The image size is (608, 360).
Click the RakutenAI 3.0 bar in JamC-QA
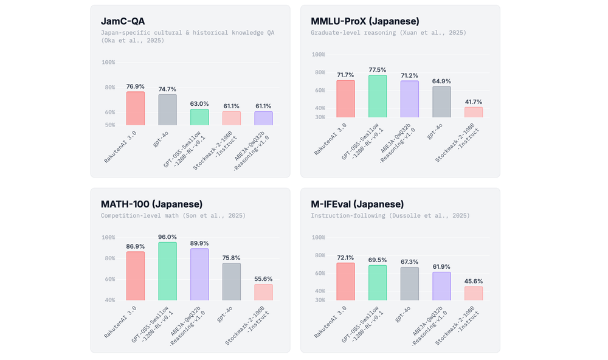[136, 108]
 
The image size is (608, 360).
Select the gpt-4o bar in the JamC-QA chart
[167, 110]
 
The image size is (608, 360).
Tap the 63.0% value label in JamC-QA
[199, 104]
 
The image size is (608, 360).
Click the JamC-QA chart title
[123, 21]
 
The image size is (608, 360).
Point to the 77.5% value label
[378, 70]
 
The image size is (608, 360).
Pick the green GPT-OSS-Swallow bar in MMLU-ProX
[378, 96]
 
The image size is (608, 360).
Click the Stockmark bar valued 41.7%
[474, 112]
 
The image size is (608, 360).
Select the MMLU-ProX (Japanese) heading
[365, 21]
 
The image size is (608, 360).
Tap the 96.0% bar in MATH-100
[167, 271]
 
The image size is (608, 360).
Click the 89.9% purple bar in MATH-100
[199, 274]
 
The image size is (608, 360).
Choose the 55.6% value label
[263, 279]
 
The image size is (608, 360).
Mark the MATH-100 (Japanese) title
[151, 204]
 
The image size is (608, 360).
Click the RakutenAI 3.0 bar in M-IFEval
[345, 282]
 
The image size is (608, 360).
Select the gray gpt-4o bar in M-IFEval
[409, 283]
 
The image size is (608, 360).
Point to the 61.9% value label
[441, 267]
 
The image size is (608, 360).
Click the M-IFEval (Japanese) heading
[357, 204]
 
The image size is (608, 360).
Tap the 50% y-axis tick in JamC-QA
[109, 125]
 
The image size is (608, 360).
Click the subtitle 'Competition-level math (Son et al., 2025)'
[173, 216]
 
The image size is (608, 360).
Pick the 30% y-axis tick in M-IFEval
[319, 300]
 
